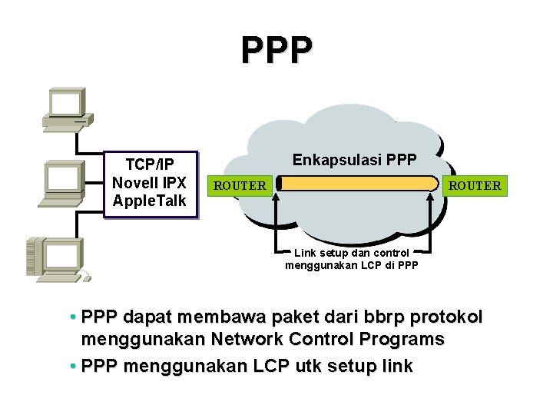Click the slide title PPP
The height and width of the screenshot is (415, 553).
point(276,50)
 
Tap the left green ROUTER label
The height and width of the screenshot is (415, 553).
point(240,185)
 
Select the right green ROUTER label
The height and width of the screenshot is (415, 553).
point(475,185)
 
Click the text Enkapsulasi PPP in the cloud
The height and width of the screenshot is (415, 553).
point(355,160)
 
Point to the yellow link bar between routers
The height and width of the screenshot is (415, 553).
point(357,184)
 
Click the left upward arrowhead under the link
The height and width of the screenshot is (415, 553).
point(281,198)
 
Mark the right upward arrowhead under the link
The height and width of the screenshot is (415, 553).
point(432,198)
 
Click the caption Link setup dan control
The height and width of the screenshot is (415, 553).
point(352,253)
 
